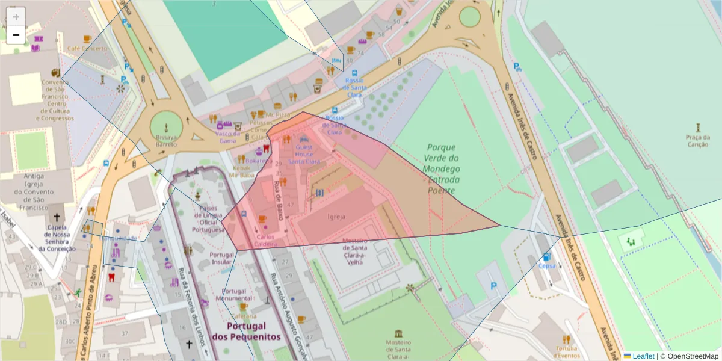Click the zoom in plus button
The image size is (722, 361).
[x=16, y=16]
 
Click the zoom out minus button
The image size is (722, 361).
[x=16, y=35]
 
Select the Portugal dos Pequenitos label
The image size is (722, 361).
[x=247, y=331]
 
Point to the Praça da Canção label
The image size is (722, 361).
[x=697, y=140]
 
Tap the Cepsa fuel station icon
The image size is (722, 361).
[x=546, y=257]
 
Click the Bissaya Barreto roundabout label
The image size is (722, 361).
[x=166, y=140]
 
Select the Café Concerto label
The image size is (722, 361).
[x=87, y=48]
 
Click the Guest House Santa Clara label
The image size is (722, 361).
[x=304, y=154]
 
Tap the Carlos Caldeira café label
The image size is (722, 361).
[x=265, y=241]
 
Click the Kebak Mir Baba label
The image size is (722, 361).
[x=241, y=171]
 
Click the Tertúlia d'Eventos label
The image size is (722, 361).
[x=566, y=351]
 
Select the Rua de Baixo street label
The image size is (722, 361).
[x=279, y=191]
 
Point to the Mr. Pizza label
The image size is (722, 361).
[x=278, y=114]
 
